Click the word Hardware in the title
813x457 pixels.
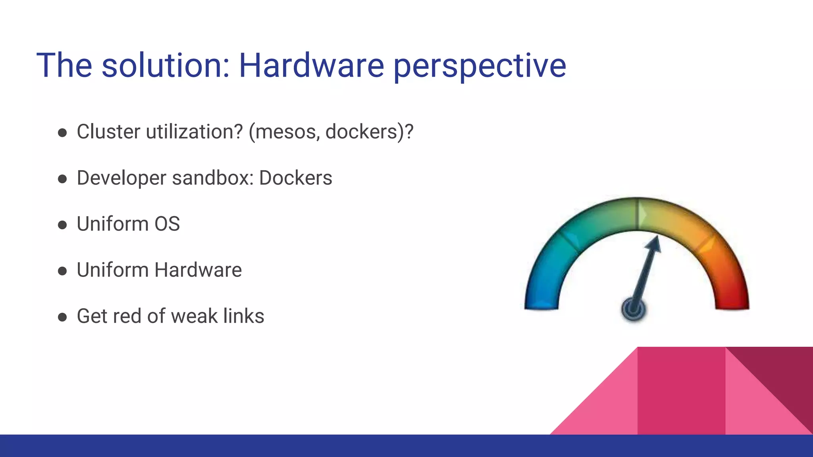point(311,65)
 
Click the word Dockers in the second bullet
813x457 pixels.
point(295,178)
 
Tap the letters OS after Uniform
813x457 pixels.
point(167,224)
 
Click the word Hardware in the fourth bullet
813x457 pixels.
point(198,270)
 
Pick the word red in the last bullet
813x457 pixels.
point(127,317)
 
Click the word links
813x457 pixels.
point(243,316)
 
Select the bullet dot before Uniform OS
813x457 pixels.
point(62,225)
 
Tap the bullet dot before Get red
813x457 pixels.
point(62,317)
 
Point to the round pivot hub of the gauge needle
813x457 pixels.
point(634,309)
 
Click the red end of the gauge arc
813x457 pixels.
point(732,301)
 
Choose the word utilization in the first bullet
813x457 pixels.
point(194,132)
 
